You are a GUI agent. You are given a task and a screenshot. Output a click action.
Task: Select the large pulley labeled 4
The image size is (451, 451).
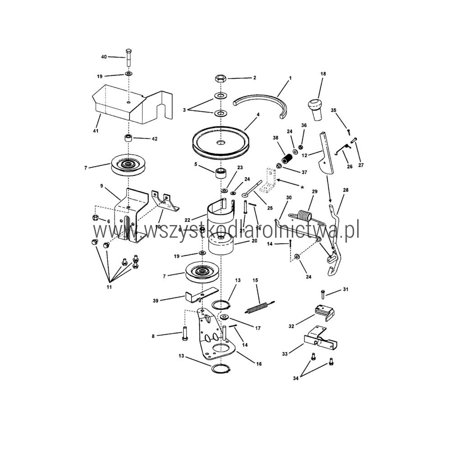tap(221, 142)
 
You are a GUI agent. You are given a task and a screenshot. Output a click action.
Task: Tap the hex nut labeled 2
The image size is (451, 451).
tap(221, 78)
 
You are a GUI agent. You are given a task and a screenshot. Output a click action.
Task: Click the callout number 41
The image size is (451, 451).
tap(96, 131)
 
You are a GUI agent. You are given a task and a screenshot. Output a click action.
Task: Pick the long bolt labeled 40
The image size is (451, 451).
tap(128, 58)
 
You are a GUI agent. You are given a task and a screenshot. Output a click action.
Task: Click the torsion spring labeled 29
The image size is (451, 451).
tap(304, 216)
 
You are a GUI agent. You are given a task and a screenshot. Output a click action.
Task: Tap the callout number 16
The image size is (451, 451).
tap(259, 364)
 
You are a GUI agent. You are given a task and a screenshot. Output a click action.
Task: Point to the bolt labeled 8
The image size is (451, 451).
tap(184, 333)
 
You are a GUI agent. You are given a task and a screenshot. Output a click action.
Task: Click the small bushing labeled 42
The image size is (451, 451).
tap(128, 138)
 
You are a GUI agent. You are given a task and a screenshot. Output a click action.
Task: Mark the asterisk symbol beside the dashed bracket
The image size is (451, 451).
tap(302, 188)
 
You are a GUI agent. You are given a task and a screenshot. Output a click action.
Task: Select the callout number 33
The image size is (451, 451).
tap(285, 354)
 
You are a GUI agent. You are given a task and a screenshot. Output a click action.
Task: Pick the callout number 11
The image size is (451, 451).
tap(109, 287)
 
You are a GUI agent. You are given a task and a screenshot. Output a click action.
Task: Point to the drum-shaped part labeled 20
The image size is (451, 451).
tap(221, 244)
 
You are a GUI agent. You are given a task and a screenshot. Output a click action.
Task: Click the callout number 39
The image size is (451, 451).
tap(156, 300)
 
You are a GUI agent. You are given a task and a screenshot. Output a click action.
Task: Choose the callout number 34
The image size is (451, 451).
tap(296, 378)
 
